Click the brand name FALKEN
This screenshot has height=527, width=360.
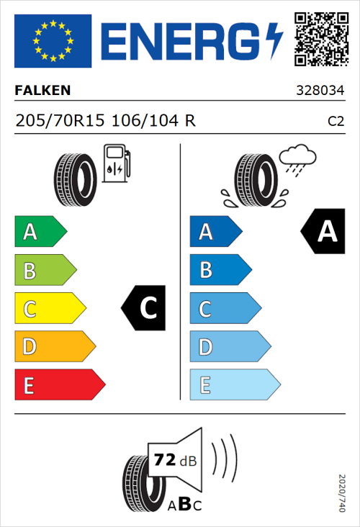click(43, 91)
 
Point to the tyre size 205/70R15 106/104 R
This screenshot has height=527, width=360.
click(105, 121)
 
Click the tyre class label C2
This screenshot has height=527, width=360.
click(336, 122)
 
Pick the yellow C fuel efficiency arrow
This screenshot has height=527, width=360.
click(49, 309)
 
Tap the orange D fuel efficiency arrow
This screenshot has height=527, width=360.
click(54, 347)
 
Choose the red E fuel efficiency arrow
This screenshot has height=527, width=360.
click(59, 385)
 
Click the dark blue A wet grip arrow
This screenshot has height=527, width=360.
click(215, 232)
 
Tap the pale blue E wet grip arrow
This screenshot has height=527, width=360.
click(234, 385)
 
